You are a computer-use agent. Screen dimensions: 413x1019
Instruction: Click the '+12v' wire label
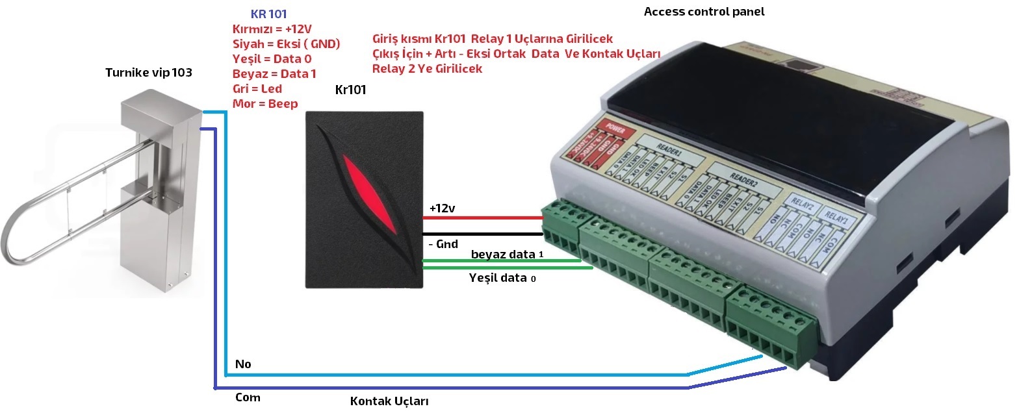point(442,208)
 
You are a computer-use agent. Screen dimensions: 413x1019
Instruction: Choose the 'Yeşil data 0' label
point(503,278)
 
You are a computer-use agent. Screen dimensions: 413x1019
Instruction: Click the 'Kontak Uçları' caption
point(389,401)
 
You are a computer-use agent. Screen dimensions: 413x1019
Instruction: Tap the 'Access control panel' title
point(704,12)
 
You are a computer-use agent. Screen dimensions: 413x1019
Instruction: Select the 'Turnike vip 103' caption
point(149,72)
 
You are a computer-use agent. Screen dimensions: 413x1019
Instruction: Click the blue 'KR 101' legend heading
point(268,14)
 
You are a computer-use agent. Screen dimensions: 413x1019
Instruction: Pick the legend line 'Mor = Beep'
point(264,104)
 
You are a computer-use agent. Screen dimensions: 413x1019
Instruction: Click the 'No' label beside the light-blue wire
point(243,364)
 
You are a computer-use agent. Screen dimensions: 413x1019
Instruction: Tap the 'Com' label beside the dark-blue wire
point(247,397)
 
